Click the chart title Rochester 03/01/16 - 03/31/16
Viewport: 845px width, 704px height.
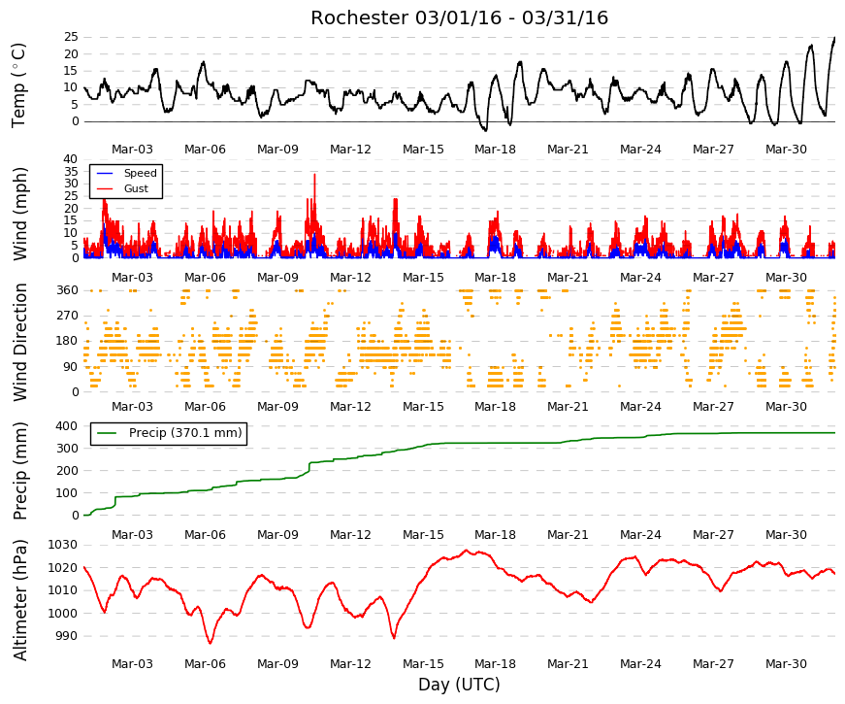[459, 17]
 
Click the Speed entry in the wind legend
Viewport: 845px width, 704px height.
[140, 173]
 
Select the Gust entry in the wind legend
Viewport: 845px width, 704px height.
[136, 188]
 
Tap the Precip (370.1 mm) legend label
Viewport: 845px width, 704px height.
[185, 433]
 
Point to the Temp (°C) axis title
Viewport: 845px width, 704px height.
[18, 85]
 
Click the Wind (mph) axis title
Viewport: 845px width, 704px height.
[20, 215]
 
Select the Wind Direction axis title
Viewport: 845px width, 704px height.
[20, 343]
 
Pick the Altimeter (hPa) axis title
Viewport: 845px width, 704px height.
[20, 599]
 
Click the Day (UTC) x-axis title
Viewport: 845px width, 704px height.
[459, 685]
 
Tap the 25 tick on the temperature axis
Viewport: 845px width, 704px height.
[71, 37]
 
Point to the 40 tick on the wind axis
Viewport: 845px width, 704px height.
[71, 159]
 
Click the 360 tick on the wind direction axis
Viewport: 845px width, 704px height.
[68, 290]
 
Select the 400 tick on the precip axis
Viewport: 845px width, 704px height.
[67, 426]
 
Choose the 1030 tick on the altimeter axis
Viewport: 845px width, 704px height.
[63, 545]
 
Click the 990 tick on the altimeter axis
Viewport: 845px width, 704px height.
[67, 636]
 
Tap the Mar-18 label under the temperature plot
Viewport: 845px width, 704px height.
[495, 150]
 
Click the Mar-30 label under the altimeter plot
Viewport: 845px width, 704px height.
[786, 664]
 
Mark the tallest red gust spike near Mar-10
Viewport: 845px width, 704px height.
[314, 175]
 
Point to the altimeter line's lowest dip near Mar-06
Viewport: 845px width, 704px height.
[211, 643]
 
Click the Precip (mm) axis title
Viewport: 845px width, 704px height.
[20, 471]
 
